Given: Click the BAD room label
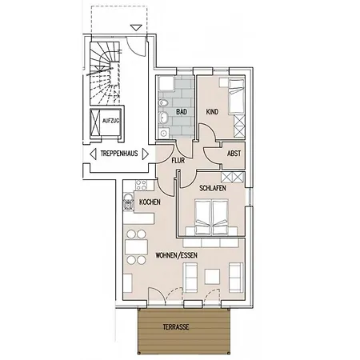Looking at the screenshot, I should [182, 111].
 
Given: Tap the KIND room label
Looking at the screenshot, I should [213, 112].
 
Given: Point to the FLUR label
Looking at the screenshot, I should [178, 159].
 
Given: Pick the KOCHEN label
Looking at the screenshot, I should [150, 202].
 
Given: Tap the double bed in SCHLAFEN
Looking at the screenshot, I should [214, 214].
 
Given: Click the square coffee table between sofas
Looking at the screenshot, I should [211, 277].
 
